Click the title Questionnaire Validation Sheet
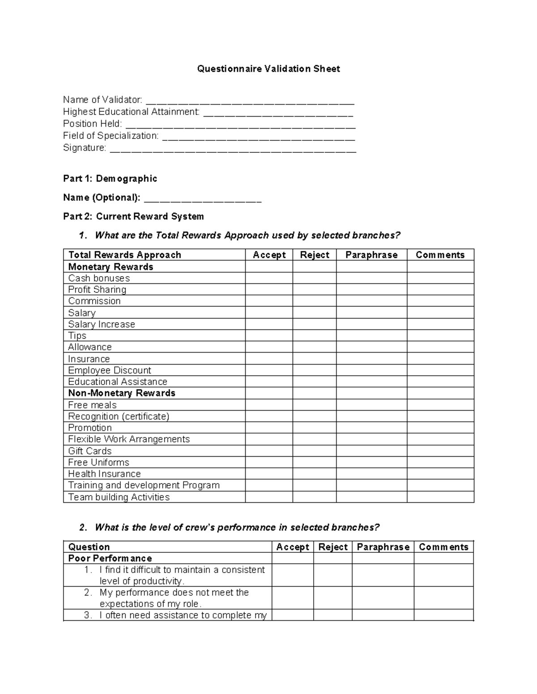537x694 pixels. [268, 69]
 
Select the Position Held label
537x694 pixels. [92, 124]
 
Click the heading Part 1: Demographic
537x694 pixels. [110, 179]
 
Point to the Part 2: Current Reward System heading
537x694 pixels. [133, 217]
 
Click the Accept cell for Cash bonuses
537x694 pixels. [269, 278]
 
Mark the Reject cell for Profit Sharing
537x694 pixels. [315, 290]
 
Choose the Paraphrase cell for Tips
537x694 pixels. [371, 336]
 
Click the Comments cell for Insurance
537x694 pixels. [440, 359]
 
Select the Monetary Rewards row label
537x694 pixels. [111, 267]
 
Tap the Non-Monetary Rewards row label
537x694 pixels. [122, 393]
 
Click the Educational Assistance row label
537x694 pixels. [118, 382]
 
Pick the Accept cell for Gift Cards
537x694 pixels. [269, 451]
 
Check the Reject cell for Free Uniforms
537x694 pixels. [315, 463]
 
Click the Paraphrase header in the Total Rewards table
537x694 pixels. [371, 255]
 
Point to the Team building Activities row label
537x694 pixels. [119, 497]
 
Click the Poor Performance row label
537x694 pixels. [110, 558]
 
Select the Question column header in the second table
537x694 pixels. [89, 547]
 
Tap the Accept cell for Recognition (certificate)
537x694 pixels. [269, 416]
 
